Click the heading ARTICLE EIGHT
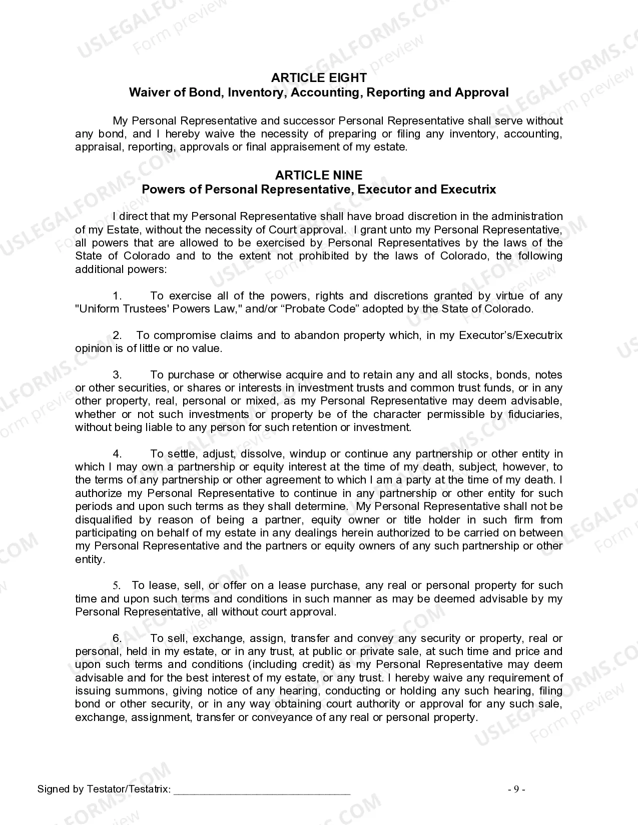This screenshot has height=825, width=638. [x=319, y=78]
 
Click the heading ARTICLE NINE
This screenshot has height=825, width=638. [x=319, y=175]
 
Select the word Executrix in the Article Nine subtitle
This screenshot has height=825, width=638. [x=468, y=189]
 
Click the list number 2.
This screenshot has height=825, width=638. [x=117, y=335]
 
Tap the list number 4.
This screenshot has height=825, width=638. [x=117, y=454]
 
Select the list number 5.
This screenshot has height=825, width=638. [x=116, y=585]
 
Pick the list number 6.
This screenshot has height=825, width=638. [x=117, y=638]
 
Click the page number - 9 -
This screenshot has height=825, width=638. [x=516, y=789]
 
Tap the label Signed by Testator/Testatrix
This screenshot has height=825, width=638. [x=104, y=789]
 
